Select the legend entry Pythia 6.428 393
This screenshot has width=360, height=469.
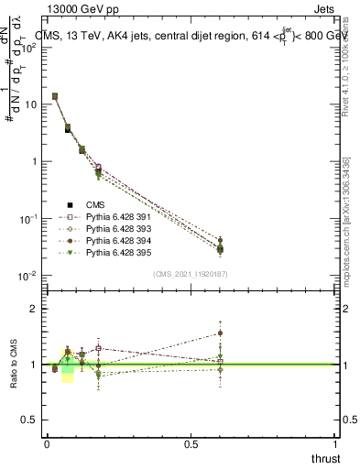(x=111, y=228)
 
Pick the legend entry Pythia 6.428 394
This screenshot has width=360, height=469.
(x=111, y=239)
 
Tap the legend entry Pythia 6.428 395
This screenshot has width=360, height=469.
(x=111, y=251)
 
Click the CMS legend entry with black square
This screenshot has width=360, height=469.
(x=95, y=205)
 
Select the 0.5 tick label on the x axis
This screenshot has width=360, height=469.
(x=191, y=443)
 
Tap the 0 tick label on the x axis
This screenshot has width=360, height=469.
(x=47, y=443)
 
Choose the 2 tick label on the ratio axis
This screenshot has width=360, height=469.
(x=34, y=309)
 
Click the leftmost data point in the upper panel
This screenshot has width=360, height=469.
(x=55, y=96)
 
